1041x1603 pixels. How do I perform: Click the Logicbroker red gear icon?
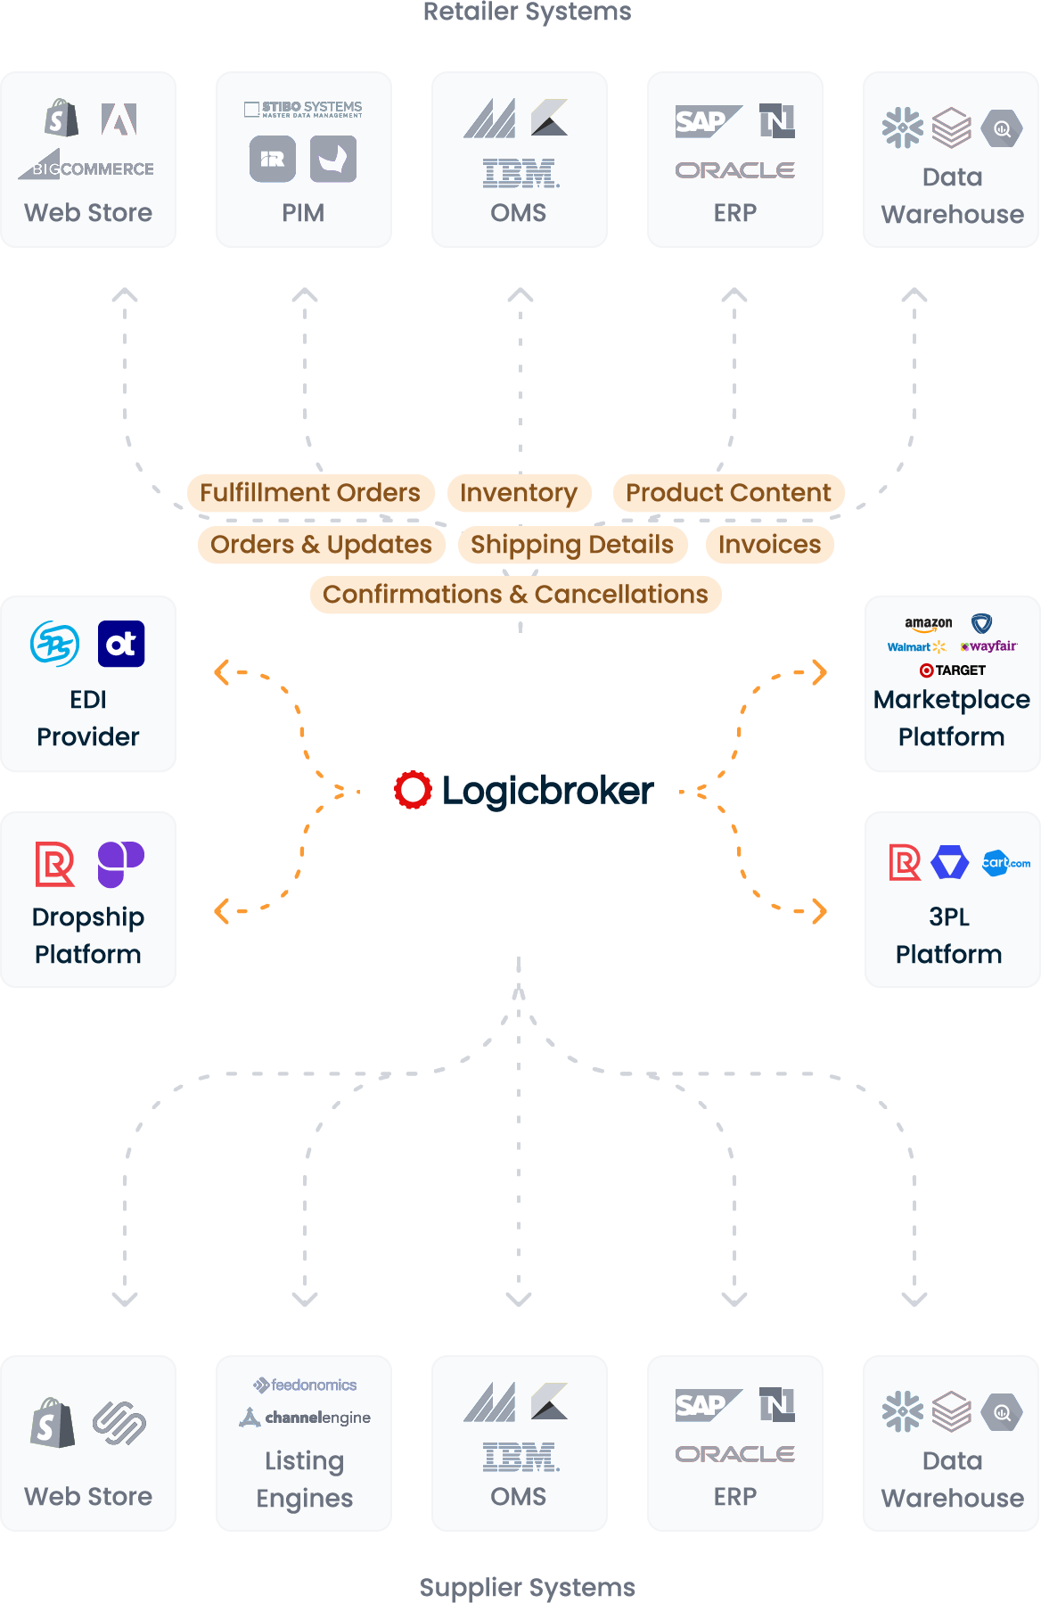[x=413, y=790]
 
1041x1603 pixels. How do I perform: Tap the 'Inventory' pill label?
[x=519, y=493]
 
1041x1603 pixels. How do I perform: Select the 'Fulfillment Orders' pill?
[x=310, y=493]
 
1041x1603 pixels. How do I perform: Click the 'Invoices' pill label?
[x=769, y=545]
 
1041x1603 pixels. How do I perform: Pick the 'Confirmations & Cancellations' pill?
[x=515, y=595]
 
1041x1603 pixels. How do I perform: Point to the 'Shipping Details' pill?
[x=572, y=545]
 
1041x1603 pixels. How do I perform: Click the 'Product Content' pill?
[x=728, y=493]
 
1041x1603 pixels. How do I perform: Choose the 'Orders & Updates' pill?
[x=321, y=545]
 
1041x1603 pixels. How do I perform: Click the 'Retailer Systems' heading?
[x=527, y=12]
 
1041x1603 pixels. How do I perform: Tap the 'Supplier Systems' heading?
[x=527, y=1587]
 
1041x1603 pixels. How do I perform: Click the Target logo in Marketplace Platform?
[x=952, y=670]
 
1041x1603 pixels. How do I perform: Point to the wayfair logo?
[x=988, y=646]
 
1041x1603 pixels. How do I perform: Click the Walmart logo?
[x=916, y=647]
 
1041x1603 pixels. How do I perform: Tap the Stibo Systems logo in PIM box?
[x=304, y=109]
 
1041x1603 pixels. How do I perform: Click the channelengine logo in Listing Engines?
[x=305, y=1418]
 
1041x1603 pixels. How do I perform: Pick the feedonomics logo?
[x=305, y=1385]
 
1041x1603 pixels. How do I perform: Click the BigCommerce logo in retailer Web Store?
[x=86, y=168]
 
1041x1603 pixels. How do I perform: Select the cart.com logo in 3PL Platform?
[x=1006, y=863]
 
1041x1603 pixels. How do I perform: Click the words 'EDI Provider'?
[x=88, y=718]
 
